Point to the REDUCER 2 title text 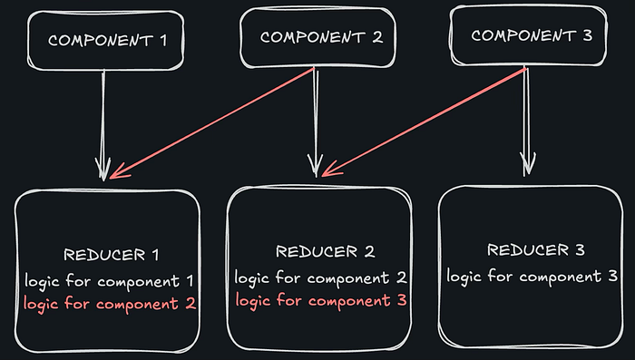[x=324, y=252]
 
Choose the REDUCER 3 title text [x=536, y=250]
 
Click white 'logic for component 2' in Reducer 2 [x=320, y=277]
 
